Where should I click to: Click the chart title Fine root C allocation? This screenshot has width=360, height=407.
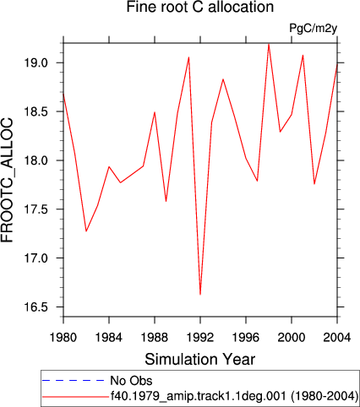click(x=200, y=7)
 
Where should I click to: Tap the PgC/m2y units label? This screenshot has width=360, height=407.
click(x=314, y=29)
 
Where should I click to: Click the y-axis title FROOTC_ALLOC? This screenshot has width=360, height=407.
click(x=8, y=180)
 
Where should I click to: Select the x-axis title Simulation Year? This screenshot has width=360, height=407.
click(x=200, y=360)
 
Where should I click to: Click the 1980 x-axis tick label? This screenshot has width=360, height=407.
click(x=63, y=337)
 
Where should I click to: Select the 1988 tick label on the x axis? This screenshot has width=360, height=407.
click(x=155, y=337)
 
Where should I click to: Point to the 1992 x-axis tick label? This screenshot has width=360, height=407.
click(x=200, y=337)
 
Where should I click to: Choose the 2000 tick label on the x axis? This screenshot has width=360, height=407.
click(x=292, y=337)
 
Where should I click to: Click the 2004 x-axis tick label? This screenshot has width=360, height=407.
click(x=337, y=337)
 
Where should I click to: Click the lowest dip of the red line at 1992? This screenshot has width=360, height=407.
click(x=200, y=295)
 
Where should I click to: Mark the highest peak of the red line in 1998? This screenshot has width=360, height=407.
click(x=269, y=44)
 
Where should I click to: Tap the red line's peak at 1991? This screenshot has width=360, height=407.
click(x=188, y=57)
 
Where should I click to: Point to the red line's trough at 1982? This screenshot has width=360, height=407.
click(x=86, y=231)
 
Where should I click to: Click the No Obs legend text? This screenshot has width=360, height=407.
click(x=131, y=381)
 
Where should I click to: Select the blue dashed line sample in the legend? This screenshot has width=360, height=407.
click(x=74, y=381)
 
